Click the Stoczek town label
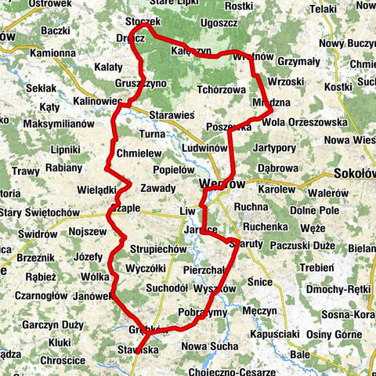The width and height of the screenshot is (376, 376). [143, 22]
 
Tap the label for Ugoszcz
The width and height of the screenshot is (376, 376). [219, 23]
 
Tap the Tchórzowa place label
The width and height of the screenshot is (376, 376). [222, 89]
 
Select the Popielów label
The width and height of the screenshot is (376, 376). [173, 168]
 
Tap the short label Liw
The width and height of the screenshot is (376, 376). [186, 211]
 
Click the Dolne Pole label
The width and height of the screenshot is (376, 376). [313, 211]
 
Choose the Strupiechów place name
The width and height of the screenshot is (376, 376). [158, 250]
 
